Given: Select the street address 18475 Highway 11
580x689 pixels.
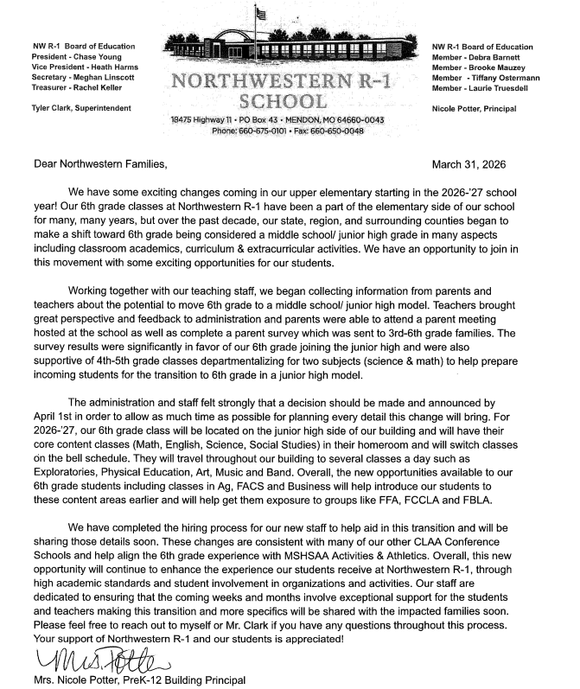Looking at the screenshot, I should click(211, 119).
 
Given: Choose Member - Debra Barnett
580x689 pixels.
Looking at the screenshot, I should click(475, 56).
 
